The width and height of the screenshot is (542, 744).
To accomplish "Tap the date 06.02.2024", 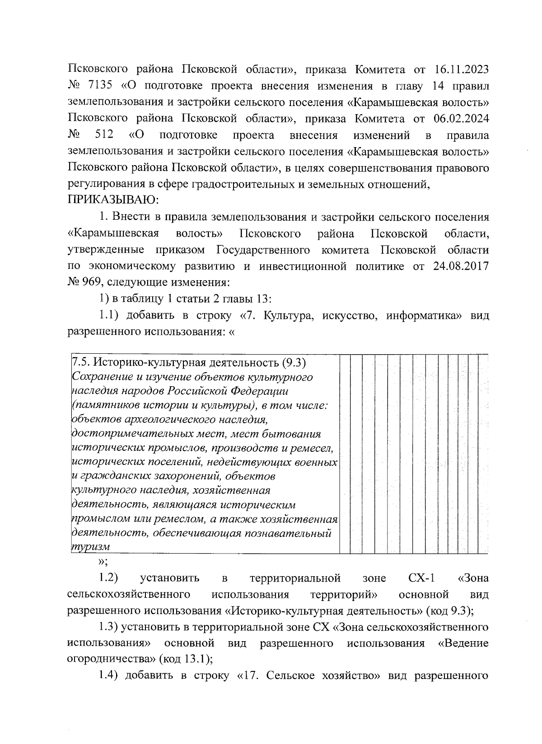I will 461,119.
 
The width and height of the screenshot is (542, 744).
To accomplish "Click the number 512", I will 104,135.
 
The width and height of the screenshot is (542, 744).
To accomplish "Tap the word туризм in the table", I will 91,546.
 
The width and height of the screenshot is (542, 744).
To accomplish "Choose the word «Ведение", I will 463,643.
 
